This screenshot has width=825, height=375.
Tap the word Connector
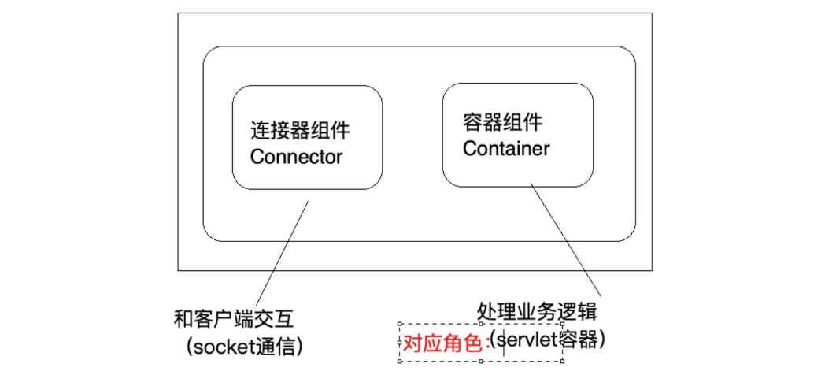(x=296, y=156)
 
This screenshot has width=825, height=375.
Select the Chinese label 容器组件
(x=502, y=122)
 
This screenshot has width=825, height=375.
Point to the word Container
(x=506, y=148)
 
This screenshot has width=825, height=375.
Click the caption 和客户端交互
(x=236, y=319)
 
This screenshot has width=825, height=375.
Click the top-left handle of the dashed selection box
(x=401, y=324)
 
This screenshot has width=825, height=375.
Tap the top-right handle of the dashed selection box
(x=562, y=324)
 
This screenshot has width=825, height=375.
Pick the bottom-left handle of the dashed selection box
(x=401, y=362)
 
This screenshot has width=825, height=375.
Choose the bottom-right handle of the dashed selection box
(x=562, y=362)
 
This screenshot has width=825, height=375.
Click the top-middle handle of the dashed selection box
(x=481, y=324)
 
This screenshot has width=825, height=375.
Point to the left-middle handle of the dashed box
(x=401, y=343)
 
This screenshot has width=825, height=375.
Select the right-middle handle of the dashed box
(x=562, y=343)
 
